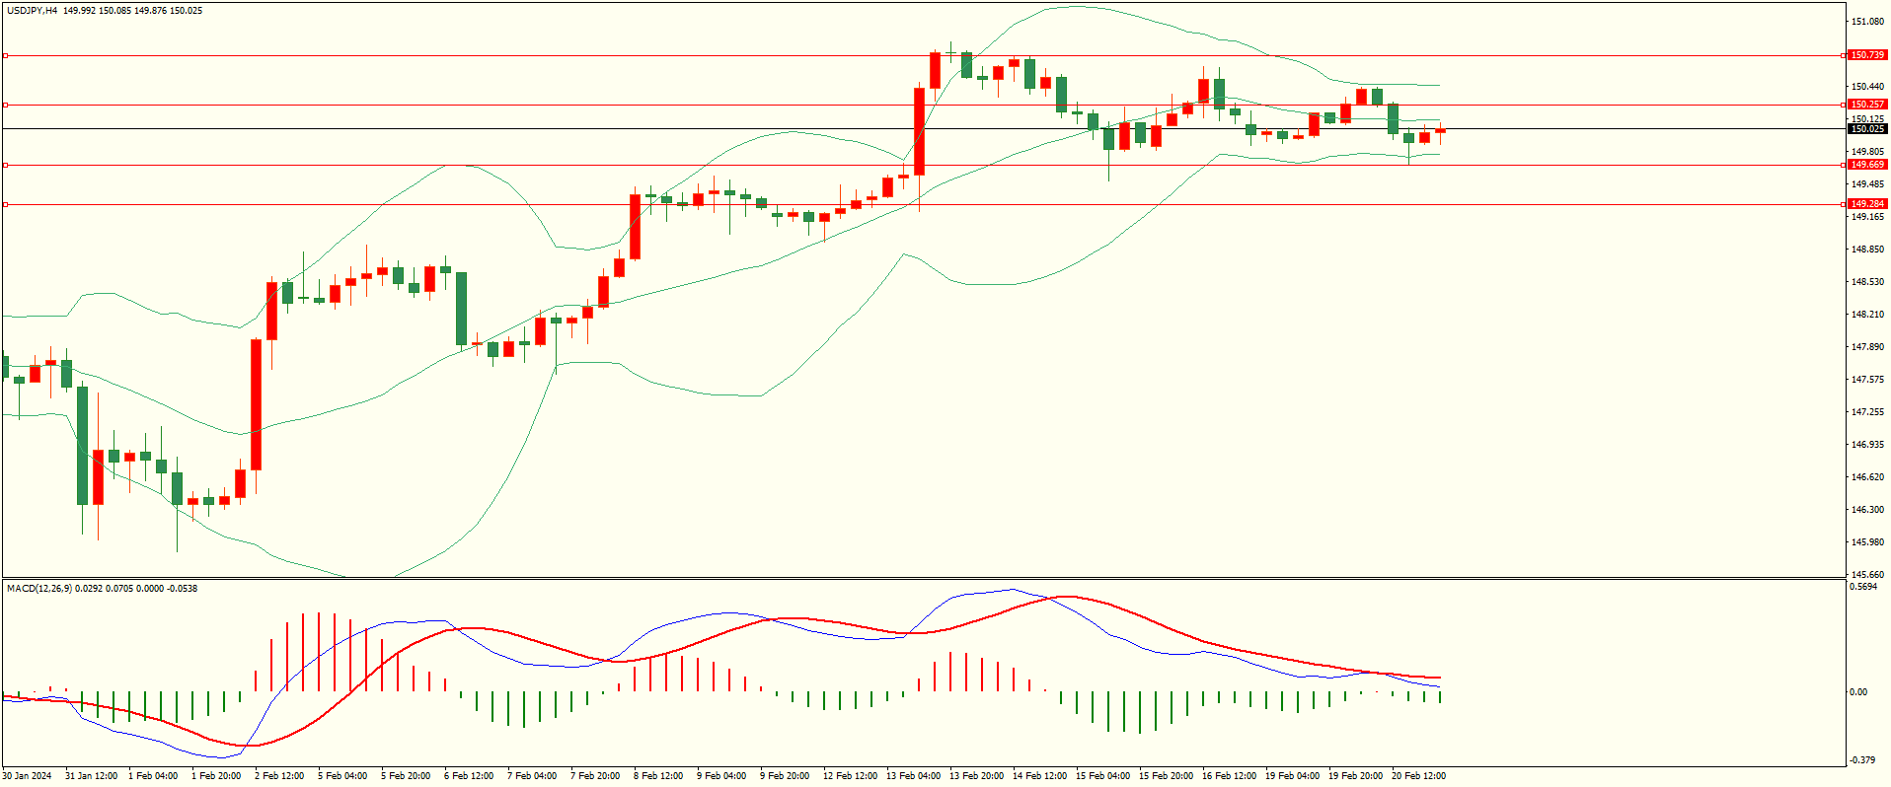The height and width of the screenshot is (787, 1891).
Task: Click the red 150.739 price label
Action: point(1867,55)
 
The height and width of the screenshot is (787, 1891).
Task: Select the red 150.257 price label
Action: point(1867,105)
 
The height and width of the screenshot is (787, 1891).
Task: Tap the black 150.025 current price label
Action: point(1867,129)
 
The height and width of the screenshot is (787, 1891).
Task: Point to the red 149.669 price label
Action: point(1867,165)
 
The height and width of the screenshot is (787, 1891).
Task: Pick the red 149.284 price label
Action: point(1867,204)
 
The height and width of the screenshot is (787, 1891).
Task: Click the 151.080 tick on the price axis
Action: point(1867,22)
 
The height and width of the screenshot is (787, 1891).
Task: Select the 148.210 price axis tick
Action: point(1867,315)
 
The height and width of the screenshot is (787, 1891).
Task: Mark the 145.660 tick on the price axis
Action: point(1867,575)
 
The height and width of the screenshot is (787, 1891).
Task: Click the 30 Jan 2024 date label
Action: point(28,776)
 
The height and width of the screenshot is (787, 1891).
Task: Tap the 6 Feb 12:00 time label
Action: point(469,776)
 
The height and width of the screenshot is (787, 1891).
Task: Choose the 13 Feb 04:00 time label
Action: point(913,776)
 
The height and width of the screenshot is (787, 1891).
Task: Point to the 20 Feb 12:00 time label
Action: point(1418,776)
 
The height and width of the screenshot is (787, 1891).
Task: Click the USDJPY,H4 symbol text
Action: point(33,11)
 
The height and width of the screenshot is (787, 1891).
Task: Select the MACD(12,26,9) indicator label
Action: point(39,589)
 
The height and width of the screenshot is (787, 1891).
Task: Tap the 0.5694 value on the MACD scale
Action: point(1863,587)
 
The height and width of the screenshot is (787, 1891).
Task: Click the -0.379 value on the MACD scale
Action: point(1862,759)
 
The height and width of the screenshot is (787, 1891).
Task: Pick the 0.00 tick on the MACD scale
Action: point(1858,692)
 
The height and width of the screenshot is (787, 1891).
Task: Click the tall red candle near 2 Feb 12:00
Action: point(257,404)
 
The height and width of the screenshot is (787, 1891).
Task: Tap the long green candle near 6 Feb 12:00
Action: point(461,308)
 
